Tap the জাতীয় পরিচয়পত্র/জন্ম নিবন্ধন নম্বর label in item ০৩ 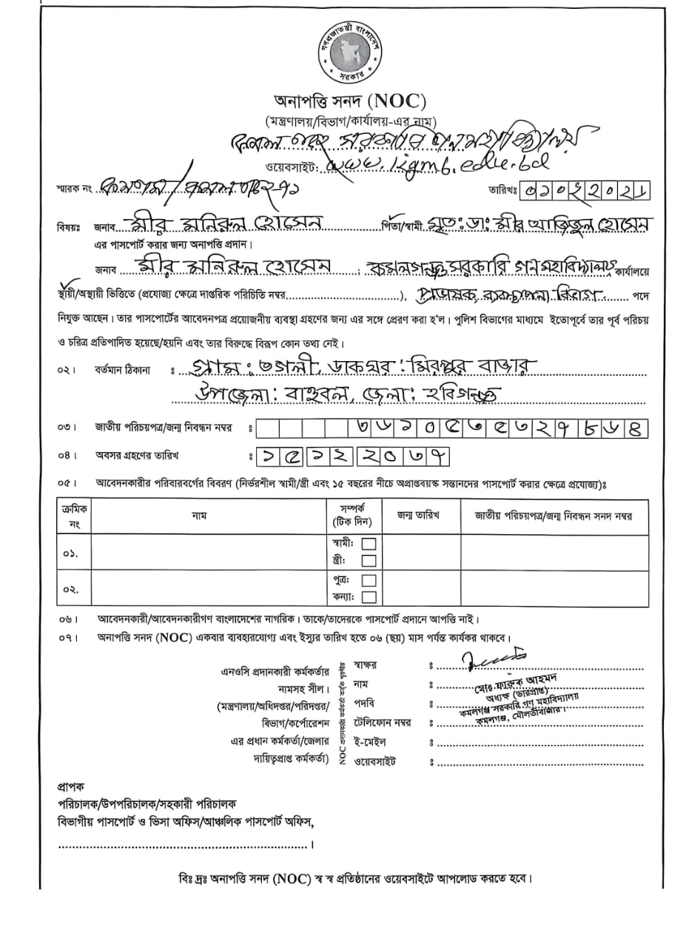[x=169, y=427]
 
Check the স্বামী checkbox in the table [x=369, y=544]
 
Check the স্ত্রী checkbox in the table [x=369, y=561]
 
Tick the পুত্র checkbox [x=369, y=580]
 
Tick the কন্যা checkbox [x=369, y=597]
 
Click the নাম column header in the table [x=199, y=515]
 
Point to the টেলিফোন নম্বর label [x=382, y=721]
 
